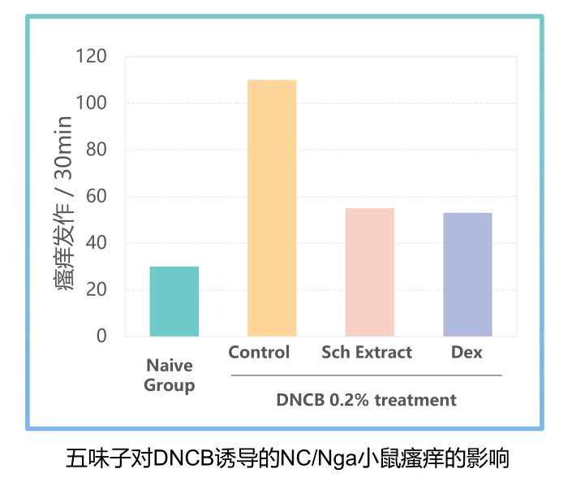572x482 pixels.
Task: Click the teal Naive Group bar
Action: click(x=174, y=302)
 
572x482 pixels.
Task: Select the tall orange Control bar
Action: click(x=272, y=208)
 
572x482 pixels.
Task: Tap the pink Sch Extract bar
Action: click(x=369, y=272)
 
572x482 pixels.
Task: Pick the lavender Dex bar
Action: click(x=467, y=275)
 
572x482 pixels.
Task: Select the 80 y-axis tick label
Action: click(x=96, y=150)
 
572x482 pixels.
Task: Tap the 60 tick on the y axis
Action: click(x=96, y=197)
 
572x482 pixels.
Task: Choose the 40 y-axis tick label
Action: click(x=96, y=243)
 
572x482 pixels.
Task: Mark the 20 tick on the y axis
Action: click(x=96, y=289)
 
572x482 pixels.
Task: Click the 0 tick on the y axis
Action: click(x=101, y=336)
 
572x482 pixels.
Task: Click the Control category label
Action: click(x=259, y=353)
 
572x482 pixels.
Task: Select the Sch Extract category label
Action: click(x=367, y=353)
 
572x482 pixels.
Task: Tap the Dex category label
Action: click(x=467, y=353)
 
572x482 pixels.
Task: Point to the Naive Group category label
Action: click(x=170, y=376)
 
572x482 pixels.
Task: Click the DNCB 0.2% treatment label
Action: click(x=366, y=400)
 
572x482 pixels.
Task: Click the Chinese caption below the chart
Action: click(x=286, y=458)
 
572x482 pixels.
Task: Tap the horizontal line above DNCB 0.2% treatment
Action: click(x=366, y=376)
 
